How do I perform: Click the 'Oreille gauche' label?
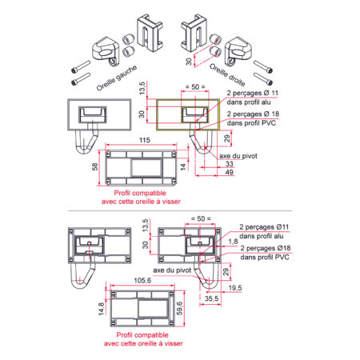[117, 78]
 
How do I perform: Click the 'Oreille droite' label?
[227, 75]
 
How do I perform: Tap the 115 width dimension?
[145, 140]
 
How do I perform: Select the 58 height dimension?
[95, 167]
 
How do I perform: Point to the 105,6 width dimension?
[142, 281]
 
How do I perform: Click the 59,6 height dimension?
[179, 308]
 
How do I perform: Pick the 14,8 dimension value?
[102, 309]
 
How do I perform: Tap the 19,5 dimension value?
[235, 288]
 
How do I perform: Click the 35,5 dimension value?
[211, 298]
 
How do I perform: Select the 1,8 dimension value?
[233, 242]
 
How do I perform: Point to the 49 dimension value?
[230, 172]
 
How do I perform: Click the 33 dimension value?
[230, 164]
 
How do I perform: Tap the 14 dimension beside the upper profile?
[183, 167]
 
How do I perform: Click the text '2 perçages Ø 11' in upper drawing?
[253, 93]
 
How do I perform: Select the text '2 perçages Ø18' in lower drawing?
[266, 248]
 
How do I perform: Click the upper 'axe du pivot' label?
[238, 156]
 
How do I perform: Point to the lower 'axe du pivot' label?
[172, 270]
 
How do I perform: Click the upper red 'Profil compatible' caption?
[140, 193]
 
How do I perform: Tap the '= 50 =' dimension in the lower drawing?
[201, 219]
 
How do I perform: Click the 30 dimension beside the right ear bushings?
[189, 62]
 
